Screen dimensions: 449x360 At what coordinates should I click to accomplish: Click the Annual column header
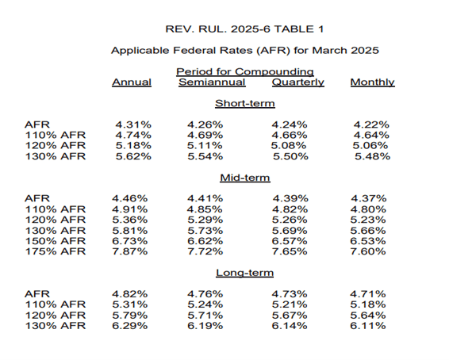pos(132,82)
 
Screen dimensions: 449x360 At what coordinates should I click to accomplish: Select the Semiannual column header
pos(212,82)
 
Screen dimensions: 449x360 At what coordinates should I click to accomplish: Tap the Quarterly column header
pos(297,82)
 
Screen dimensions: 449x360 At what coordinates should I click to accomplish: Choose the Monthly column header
pos(372,82)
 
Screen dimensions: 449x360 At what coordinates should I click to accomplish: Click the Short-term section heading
pos(245,103)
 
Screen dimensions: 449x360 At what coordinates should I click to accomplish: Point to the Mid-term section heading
pos(245,178)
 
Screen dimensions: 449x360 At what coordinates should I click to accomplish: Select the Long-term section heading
pos(244,273)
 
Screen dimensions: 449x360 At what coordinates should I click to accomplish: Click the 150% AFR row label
pos(56,241)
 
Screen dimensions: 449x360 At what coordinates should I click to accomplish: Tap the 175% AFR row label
pos(56,251)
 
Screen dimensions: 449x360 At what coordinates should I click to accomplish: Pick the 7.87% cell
pos(130,251)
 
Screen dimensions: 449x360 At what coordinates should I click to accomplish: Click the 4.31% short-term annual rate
pos(133,124)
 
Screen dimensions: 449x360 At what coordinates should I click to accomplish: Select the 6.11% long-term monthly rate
pos(367,326)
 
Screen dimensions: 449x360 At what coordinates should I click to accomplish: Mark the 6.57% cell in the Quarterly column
pos(290,241)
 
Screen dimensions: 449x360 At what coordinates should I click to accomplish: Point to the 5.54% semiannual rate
pos(205,156)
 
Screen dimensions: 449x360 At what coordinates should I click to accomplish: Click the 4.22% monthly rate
pos(371,124)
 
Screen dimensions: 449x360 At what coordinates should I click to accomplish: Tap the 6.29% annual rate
pos(130,326)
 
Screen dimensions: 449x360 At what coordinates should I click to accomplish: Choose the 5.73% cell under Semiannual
pos(205,231)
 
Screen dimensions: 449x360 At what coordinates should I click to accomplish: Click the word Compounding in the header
pos(274,72)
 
